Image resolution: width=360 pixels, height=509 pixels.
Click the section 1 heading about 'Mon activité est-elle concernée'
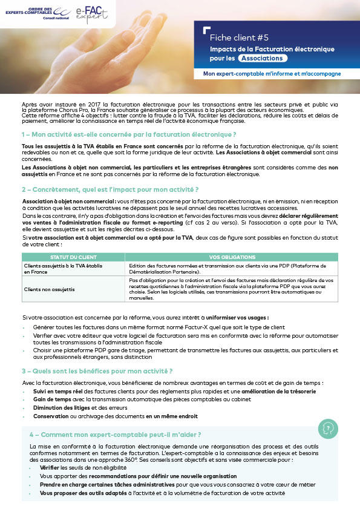128,133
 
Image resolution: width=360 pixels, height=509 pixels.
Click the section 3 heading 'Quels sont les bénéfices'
97,371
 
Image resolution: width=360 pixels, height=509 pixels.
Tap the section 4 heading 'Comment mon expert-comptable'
115,435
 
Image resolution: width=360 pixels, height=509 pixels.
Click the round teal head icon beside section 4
328,429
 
